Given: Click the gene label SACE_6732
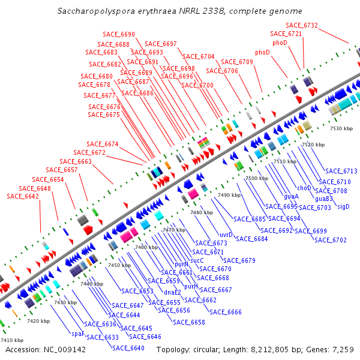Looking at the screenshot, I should pos(302,25).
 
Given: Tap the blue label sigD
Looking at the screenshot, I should pos(343,206).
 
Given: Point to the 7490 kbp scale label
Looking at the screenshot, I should pos(229,195).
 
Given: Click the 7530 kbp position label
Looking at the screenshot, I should pos(341,128).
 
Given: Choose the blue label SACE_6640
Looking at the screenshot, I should pos(128,348).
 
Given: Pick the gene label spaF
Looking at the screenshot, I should pos(77,334).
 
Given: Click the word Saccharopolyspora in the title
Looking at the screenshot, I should pos(92,11).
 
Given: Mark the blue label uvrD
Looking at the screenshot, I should pos(226,235).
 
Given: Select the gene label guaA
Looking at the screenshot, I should pos(292,196).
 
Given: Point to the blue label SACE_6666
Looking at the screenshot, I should pos(226,312).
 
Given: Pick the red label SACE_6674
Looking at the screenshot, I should pos(103,144).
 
